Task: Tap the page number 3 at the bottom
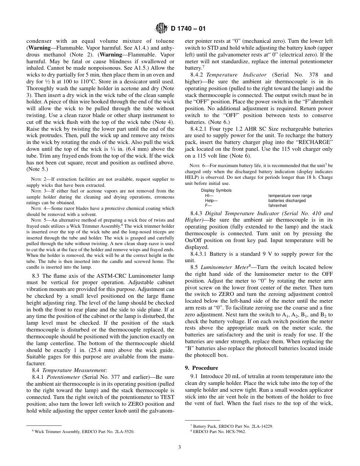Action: [180, 447]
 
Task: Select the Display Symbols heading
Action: [216, 190]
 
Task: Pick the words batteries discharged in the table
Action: [287, 200]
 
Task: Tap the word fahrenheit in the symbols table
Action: [277, 205]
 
